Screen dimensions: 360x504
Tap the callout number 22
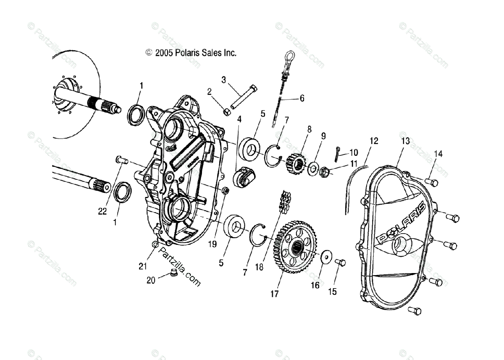point(102,212)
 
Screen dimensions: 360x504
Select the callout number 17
point(274,294)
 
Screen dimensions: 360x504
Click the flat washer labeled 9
point(313,170)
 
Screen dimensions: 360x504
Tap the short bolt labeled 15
point(340,263)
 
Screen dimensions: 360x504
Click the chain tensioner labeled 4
point(244,177)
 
